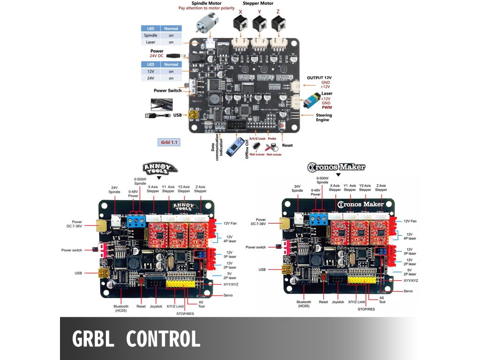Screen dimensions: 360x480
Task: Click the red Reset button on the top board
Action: pyautogui.click(x=282, y=126)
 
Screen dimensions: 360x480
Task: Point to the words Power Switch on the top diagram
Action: pyautogui.click(x=167, y=90)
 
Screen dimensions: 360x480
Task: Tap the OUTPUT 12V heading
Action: pyautogui.click(x=319, y=77)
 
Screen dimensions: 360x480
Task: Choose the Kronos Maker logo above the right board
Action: pyautogui.click(x=337, y=166)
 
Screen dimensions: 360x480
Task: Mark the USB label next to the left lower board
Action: pyautogui.click(x=78, y=273)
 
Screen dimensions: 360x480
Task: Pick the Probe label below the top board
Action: pyautogui.click(x=272, y=138)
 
